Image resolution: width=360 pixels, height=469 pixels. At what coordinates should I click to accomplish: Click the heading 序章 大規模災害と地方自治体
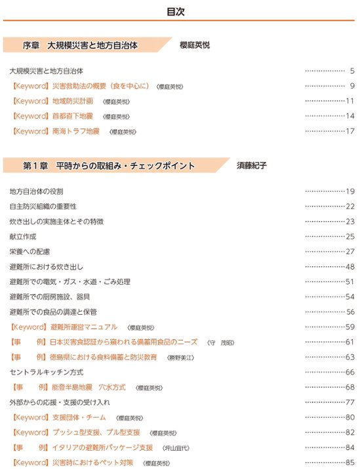(x=90, y=45)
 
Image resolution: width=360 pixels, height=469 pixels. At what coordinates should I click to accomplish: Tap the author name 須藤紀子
(x=252, y=166)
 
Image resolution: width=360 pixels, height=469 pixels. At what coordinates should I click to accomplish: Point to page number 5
(x=351, y=70)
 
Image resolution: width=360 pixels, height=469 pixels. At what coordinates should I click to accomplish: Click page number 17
(x=350, y=131)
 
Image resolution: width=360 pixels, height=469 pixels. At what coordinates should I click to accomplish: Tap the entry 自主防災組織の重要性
(x=43, y=206)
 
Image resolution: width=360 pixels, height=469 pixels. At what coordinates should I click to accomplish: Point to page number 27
(x=350, y=251)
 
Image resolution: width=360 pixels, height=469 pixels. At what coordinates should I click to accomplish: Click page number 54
(x=350, y=296)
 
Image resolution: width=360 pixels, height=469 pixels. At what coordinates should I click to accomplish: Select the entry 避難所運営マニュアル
(x=85, y=327)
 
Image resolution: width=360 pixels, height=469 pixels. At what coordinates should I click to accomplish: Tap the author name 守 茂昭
(x=220, y=342)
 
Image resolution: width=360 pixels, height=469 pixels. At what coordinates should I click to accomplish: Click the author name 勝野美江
(x=181, y=357)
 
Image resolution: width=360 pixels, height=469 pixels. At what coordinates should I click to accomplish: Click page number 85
(x=350, y=463)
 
